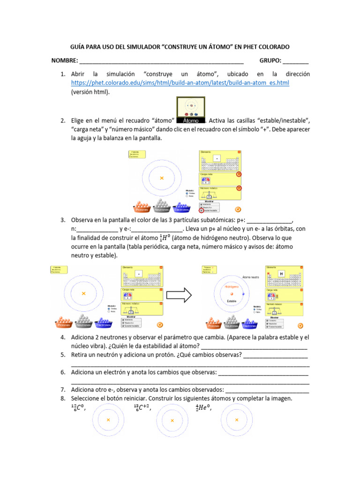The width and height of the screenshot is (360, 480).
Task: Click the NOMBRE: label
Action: (x=65, y=61)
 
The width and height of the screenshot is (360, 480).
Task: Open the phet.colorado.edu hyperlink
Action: (x=180, y=83)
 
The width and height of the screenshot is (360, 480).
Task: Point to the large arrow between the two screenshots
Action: (x=180, y=295)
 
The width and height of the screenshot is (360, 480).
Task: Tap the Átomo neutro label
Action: (x=251, y=277)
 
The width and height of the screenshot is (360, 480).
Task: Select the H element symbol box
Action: (x=282, y=274)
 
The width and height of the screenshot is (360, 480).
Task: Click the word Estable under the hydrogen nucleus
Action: (x=232, y=301)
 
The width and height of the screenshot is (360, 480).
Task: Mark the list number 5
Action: (x=62, y=355)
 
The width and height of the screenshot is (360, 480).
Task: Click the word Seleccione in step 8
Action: (x=87, y=398)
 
